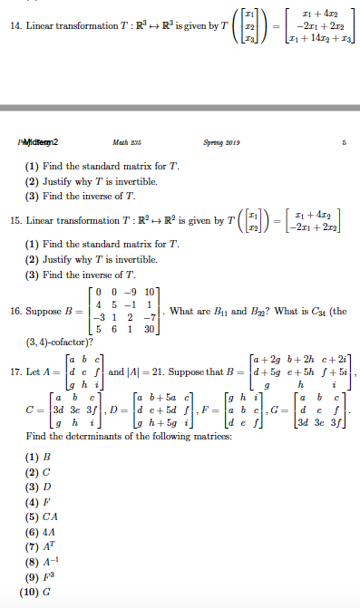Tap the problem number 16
(x=15, y=311)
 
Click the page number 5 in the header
(x=344, y=141)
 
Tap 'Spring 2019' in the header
(x=219, y=141)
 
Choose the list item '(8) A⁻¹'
(x=44, y=562)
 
